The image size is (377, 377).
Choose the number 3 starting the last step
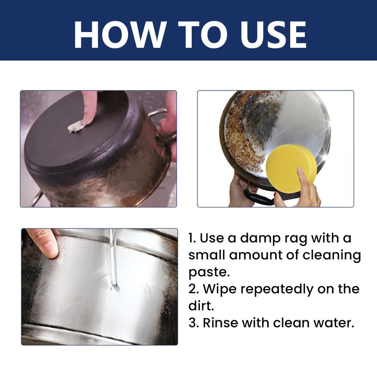(191, 323)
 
